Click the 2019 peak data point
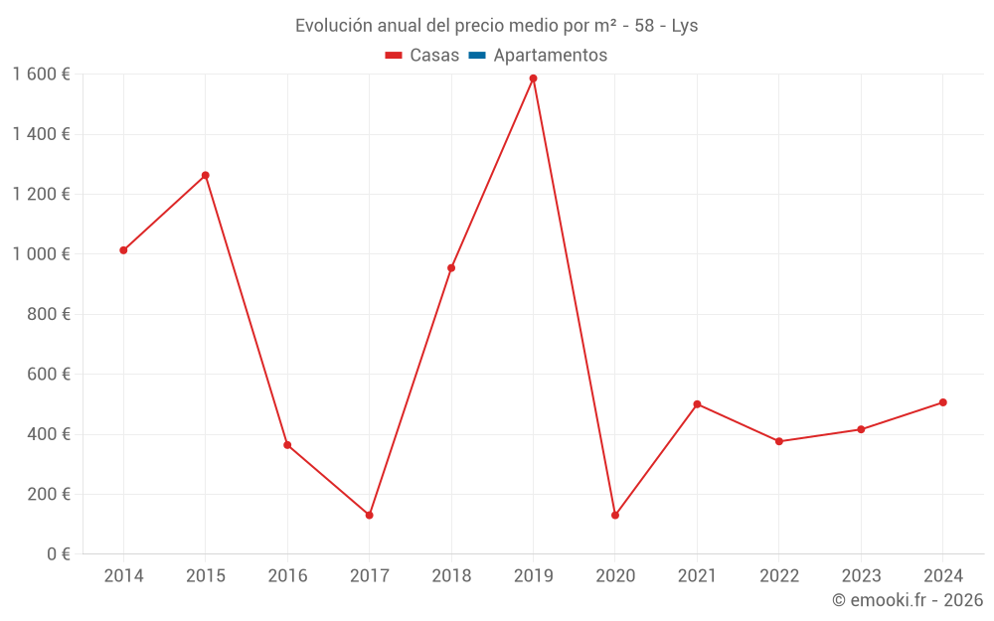click(x=533, y=78)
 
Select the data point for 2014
click(x=123, y=250)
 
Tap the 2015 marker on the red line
click(x=206, y=175)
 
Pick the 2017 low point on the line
click(x=369, y=515)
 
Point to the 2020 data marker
click(x=615, y=515)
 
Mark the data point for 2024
click(x=942, y=402)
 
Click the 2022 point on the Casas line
click(x=779, y=441)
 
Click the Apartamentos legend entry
click(x=550, y=56)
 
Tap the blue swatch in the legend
click(x=476, y=56)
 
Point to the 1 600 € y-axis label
click(x=42, y=75)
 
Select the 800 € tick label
click(x=48, y=314)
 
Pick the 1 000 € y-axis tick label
click(x=42, y=254)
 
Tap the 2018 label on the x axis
click(x=451, y=576)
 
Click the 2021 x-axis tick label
click(x=697, y=576)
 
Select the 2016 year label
click(x=287, y=576)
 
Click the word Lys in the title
click(x=685, y=26)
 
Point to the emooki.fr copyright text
click(x=908, y=600)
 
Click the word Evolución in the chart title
click(x=333, y=26)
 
